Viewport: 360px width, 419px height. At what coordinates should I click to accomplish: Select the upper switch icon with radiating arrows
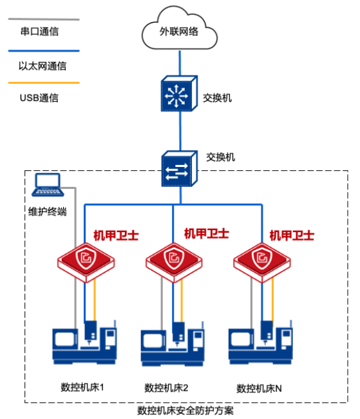[179, 93]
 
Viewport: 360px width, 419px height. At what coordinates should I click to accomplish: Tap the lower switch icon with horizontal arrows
[180, 169]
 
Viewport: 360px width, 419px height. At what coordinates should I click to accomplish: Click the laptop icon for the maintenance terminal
[48, 185]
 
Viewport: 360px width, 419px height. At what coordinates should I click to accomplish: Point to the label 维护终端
[47, 211]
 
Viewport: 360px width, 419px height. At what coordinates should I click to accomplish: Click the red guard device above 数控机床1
[86, 262]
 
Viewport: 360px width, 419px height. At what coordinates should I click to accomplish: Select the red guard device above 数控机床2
[174, 262]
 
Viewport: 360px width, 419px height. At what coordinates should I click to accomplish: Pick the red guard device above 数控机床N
[262, 262]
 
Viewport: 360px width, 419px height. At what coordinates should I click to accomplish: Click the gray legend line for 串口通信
[44, 19]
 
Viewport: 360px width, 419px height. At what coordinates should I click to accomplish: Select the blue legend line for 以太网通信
[44, 51]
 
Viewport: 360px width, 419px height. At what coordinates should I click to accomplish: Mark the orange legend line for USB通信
[44, 83]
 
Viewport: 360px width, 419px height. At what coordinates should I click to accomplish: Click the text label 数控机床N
[259, 388]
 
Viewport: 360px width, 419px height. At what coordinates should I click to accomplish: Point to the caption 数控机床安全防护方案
[185, 411]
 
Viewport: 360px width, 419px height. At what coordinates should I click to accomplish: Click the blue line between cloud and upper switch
[180, 63]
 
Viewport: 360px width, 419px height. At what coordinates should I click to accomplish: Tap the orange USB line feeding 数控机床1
[95, 300]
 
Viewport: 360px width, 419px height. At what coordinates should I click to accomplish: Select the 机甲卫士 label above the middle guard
[207, 233]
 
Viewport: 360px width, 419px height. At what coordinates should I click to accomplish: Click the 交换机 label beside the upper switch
[217, 98]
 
